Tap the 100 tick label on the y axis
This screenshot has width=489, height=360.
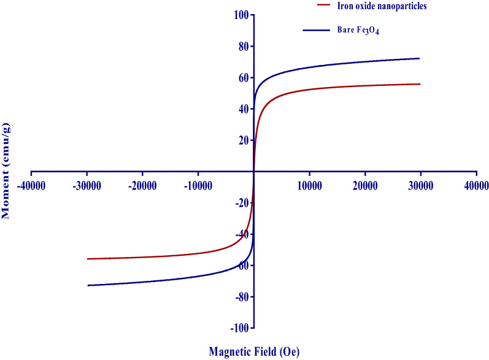[x=239, y=15]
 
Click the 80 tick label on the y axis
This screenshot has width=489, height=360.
[x=242, y=46]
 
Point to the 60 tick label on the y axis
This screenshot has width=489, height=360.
[x=242, y=77]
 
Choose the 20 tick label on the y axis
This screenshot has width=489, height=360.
[x=242, y=140]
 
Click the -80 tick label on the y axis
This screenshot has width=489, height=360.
[x=240, y=297]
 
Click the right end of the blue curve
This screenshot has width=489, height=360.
[x=420, y=58]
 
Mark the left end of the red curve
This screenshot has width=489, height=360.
[x=88, y=259]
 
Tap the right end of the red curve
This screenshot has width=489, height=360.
[x=420, y=84]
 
